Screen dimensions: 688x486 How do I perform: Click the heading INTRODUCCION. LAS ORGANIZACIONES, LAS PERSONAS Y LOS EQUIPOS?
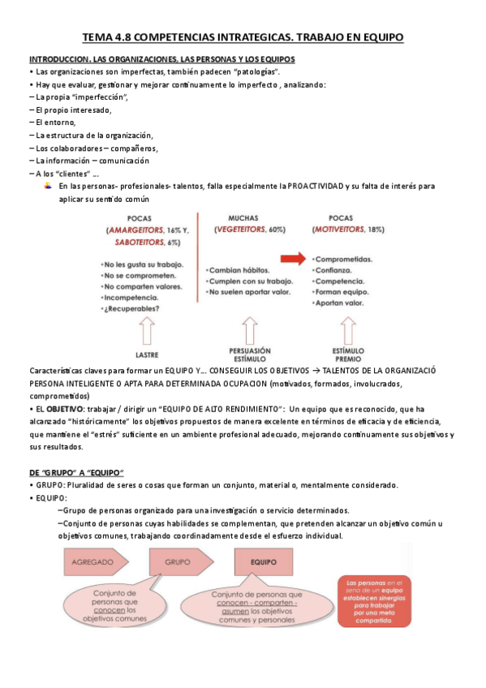pyautogui.click(x=162, y=60)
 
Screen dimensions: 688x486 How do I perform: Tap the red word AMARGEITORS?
pyautogui.click(x=134, y=230)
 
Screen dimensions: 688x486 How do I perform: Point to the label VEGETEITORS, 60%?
pyautogui.click(x=250, y=230)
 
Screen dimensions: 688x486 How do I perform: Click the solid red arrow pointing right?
pyautogui.click(x=294, y=259)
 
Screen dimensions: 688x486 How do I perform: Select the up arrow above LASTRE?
pyautogui.click(x=148, y=331)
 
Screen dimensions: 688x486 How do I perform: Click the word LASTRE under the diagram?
pyautogui.click(x=147, y=355)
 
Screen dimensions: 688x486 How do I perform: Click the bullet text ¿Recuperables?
pyautogui.click(x=131, y=309)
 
